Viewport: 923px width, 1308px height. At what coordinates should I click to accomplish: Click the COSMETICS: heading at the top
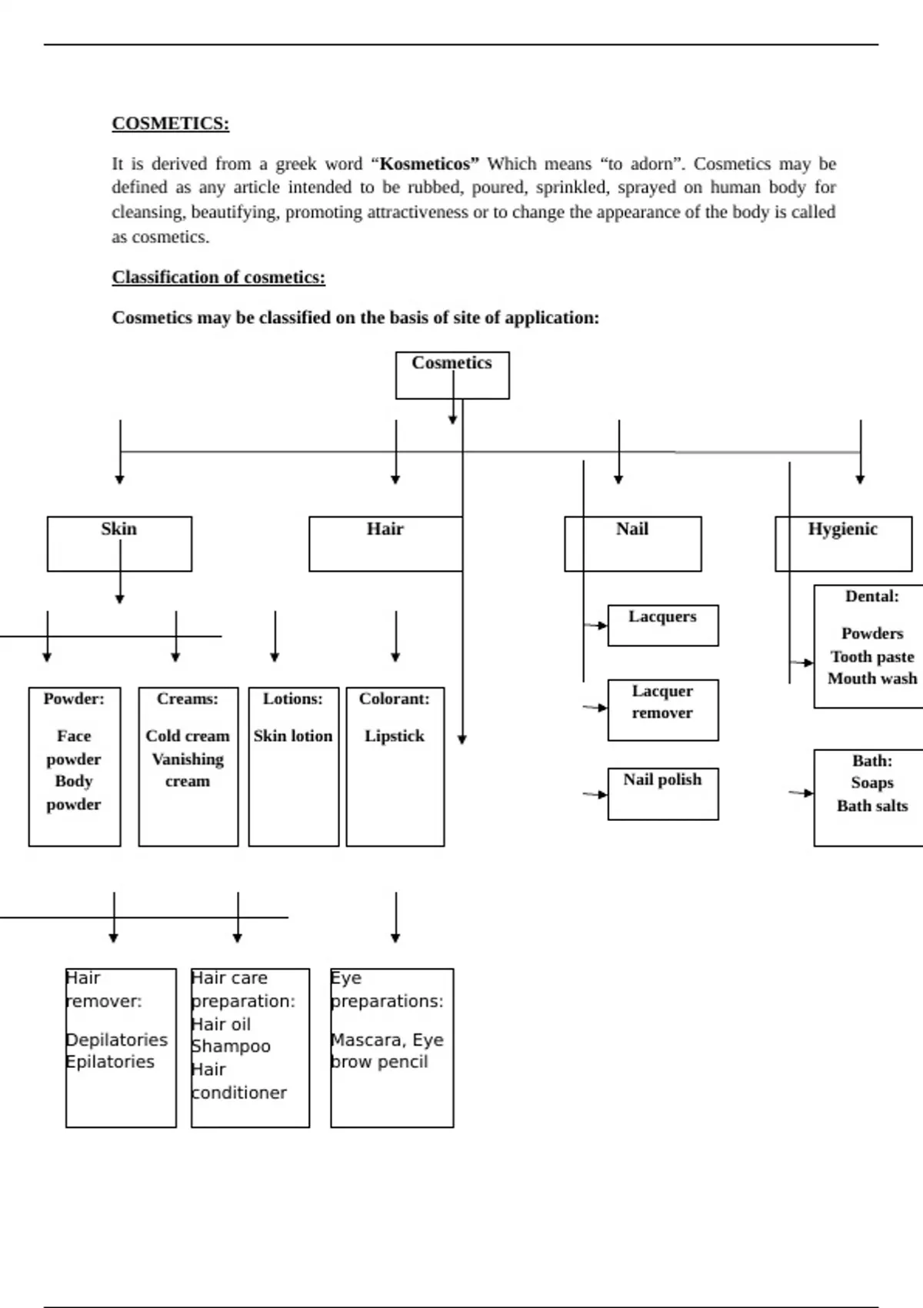coord(170,124)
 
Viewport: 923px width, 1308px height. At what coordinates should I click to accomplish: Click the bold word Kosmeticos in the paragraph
coord(425,164)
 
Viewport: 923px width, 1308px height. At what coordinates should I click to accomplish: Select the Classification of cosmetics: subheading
coord(218,277)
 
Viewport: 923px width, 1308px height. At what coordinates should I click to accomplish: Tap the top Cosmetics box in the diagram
coord(452,375)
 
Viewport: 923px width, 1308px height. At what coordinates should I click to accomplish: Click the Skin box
coord(119,543)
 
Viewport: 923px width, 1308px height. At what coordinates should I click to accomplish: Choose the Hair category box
coord(385,543)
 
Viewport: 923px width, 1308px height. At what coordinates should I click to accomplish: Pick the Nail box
coord(632,543)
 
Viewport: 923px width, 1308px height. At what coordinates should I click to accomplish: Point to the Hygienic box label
coord(842,529)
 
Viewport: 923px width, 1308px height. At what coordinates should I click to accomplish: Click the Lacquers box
coord(662,625)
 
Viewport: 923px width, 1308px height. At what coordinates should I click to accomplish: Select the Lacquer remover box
coord(662,709)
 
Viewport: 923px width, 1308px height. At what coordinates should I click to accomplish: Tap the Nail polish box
coord(662,792)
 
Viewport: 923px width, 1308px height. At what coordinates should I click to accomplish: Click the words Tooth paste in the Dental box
coord(872,657)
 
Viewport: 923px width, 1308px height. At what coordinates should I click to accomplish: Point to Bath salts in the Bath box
coord(872,806)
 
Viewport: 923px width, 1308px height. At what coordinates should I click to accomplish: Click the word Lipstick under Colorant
coord(394,736)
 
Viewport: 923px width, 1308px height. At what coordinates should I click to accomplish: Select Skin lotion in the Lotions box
coord(293,736)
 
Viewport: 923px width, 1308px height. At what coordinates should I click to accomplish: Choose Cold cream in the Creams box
coord(188,736)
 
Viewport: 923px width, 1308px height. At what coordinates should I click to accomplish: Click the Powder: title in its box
coord(74,699)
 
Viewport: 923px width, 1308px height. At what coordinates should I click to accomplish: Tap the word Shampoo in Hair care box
coord(231,1046)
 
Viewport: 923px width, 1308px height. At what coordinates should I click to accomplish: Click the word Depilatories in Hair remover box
coord(117,1039)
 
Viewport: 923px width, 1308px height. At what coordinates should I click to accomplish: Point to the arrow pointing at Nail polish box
coord(595,794)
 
